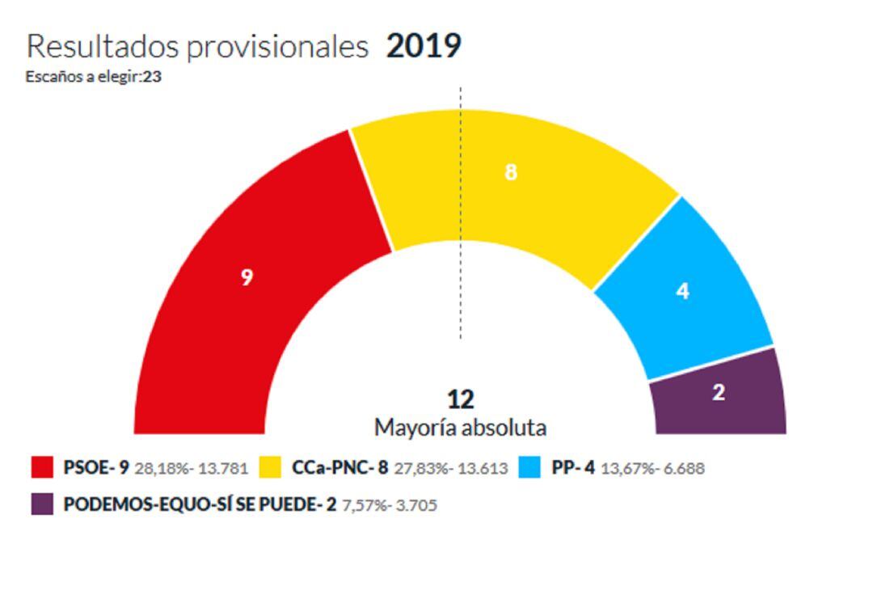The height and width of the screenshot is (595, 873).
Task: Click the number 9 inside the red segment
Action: click(247, 277)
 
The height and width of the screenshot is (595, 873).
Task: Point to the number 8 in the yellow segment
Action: click(510, 172)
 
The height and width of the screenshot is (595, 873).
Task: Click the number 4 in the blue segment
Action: click(683, 291)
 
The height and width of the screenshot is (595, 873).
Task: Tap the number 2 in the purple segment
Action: click(719, 393)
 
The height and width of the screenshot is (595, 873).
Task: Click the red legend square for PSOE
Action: click(42, 467)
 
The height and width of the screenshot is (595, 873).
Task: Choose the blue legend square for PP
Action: click(529, 467)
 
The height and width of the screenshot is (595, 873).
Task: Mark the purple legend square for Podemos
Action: click(42, 504)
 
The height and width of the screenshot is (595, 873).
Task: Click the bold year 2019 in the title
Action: click(424, 46)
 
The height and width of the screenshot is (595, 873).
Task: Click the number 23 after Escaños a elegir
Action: click(152, 78)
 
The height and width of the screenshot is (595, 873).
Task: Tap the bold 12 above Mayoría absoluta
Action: click(460, 399)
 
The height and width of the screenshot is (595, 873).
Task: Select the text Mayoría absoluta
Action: click(460, 427)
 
